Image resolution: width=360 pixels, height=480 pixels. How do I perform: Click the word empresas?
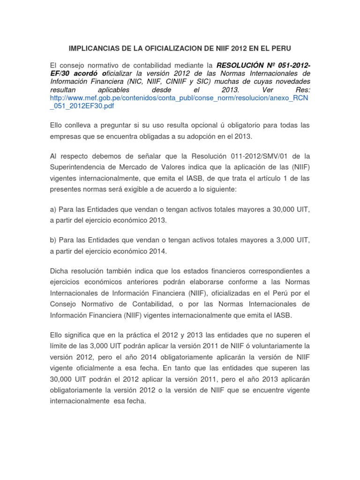pyautogui.click(x=66, y=136)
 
